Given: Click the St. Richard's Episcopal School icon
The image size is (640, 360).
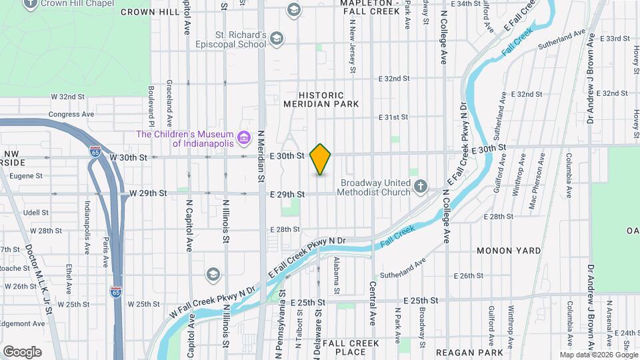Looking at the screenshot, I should pyautogui.click(x=277, y=39).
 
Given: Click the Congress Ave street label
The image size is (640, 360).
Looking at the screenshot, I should pyautogui.click(x=64, y=114).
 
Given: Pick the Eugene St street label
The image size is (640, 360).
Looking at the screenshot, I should pyautogui.click(x=26, y=176).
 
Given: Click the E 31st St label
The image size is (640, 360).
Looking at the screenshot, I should pyautogui.click(x=393, y=117).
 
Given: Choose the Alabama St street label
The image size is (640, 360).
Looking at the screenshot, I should pyautogui.click(x=337, y=275).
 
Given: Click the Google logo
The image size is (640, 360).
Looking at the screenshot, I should pyautogui.click(x=22, y=351).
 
